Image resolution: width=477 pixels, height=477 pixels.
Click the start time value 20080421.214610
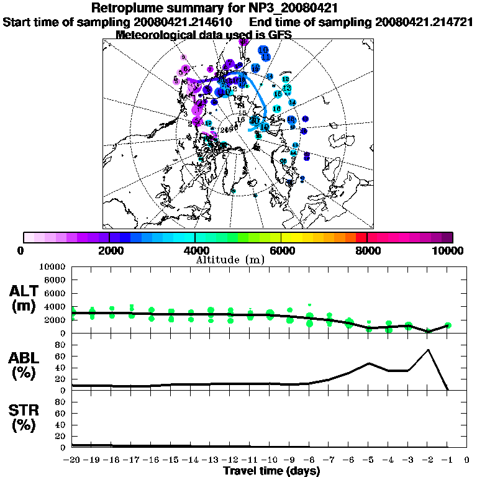[x=187, y=22]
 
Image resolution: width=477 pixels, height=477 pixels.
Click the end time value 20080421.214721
[x=425, y=22]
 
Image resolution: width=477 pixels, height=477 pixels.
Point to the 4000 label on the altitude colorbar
[x=194, y=250]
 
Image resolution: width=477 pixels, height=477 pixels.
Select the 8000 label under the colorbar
[x=367, y=250]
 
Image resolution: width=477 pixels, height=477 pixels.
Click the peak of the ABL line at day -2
[x=428, y=350]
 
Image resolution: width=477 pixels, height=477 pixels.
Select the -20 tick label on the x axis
[x=72, y=460]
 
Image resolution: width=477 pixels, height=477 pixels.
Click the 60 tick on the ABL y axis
[x=61, y=357]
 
